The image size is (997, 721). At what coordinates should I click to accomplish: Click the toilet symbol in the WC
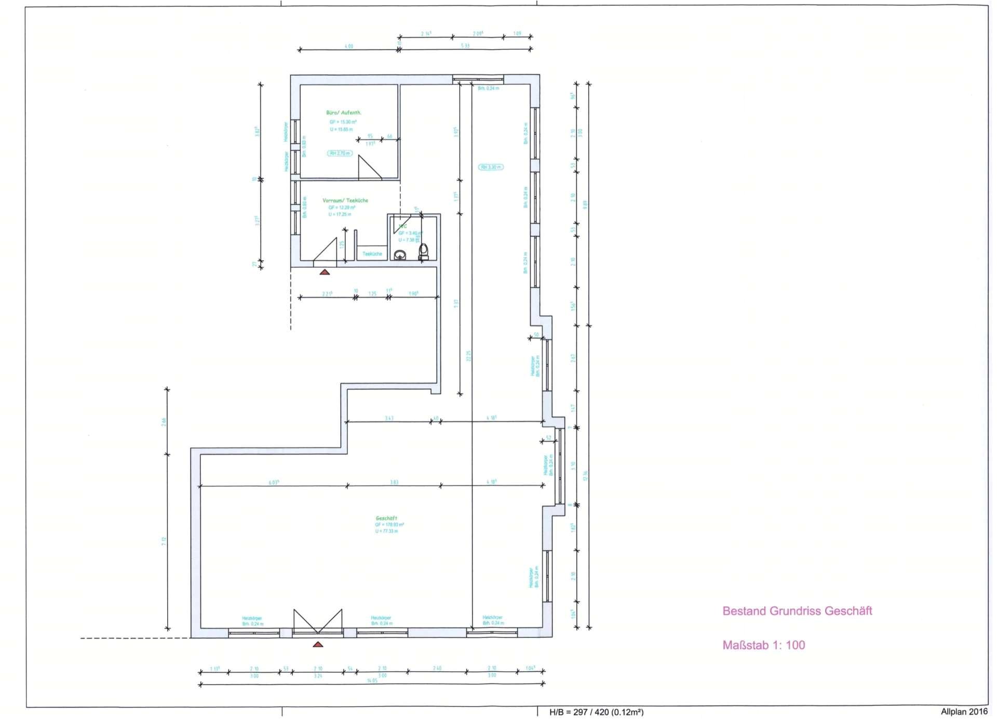pos(424,252)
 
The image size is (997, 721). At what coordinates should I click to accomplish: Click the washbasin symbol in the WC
pos(400,255)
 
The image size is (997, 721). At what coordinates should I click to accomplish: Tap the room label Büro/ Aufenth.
pos(343,113)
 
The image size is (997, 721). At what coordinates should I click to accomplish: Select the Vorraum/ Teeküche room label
pos(345,200)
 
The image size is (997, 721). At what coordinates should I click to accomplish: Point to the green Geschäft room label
pos(386,518)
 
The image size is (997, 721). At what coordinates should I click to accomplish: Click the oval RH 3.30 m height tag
pos(491,167)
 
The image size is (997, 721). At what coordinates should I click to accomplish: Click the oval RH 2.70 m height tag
pos(340,153)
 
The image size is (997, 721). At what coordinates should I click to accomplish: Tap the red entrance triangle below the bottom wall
pos(318,645)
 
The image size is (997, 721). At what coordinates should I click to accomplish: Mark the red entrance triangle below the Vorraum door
pos(325,272)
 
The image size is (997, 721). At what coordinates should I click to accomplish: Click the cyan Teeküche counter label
pos(372,254)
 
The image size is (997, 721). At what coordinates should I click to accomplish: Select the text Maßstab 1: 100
pos(763,645)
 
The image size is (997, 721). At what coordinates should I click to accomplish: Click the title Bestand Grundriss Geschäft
pos(797,611)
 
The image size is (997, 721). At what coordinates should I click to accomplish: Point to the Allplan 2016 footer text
pos(964,712)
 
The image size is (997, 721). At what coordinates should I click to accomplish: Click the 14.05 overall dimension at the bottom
pos(372,681)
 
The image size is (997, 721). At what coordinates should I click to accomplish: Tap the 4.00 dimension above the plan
pos(348,46)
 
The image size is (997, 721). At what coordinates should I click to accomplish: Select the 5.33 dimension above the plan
pos(465,46)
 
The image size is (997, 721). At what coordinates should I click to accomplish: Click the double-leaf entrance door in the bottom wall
pos(318,621)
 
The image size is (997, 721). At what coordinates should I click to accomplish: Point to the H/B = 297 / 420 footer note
pos(596,712)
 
